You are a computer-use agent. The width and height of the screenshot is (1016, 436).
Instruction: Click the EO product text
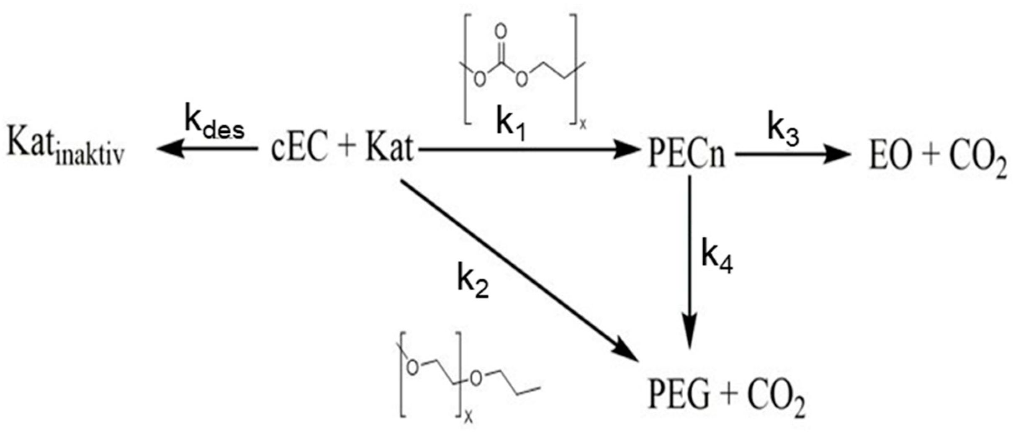(x=890, y=157)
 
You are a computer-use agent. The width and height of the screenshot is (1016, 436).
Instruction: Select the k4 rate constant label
(x=717, y=255)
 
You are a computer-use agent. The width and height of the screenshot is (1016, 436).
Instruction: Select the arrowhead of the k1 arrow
(x=625, y=149)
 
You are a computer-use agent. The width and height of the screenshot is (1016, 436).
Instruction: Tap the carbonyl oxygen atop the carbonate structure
(x=501, y=31)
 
